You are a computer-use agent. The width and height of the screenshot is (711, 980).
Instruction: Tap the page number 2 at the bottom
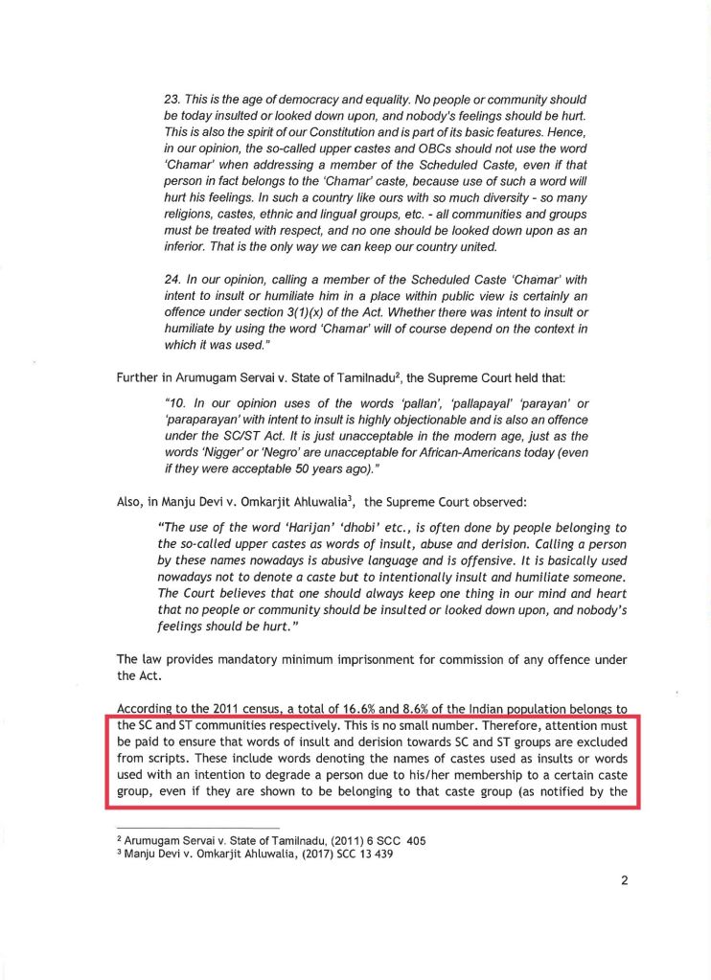(x=624, y=882)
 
